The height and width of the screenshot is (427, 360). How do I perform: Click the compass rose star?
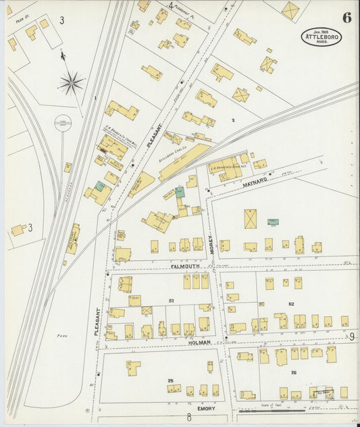coord(70,82)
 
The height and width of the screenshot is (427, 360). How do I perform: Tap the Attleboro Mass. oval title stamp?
coord(321,36)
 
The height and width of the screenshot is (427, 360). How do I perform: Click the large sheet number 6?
coord(346,18)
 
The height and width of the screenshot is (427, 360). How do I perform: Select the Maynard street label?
coord(256,181)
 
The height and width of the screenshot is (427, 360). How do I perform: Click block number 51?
coord(172,300)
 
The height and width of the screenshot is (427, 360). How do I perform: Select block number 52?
coord(291,305)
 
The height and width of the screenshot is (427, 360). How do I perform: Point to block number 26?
coord(293,372)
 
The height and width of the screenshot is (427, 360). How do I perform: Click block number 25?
coord(171,380)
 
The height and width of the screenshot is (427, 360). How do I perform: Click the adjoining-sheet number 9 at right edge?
coord(352,336)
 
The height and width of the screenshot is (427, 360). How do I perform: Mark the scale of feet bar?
coord(270,410)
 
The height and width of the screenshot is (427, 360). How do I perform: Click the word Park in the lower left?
coord(63,335)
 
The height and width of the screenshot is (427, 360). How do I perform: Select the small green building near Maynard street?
coord(272,222)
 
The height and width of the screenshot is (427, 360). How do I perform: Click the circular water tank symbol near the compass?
coord(63,123)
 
